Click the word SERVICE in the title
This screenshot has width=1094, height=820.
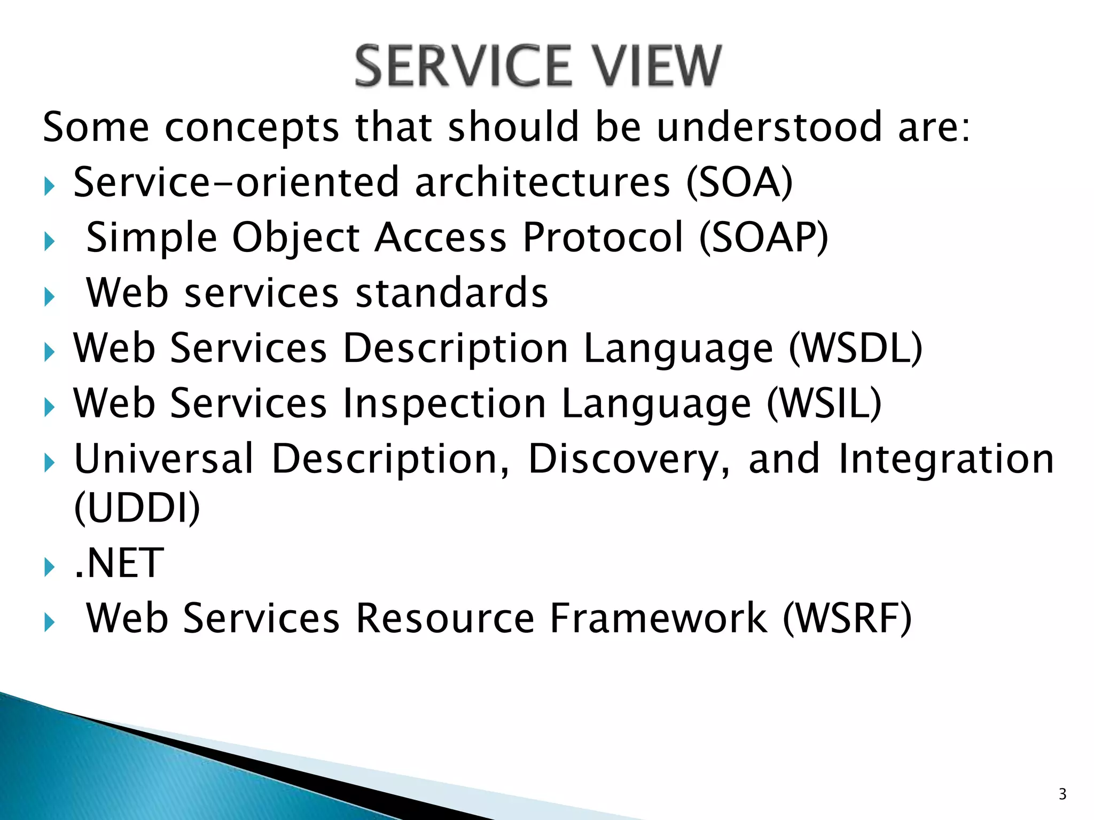463,66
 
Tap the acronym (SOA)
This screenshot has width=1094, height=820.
740,183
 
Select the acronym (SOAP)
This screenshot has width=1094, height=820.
764,238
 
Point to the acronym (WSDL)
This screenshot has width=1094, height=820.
856,348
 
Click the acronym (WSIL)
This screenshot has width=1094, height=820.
824,403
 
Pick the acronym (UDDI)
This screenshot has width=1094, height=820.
137,508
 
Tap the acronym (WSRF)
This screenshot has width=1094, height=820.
847,619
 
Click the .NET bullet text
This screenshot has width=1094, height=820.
119,563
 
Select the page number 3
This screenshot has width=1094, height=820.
1062,794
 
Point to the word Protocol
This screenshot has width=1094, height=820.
603,238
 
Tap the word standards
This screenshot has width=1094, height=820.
452,293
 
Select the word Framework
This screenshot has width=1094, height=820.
659,619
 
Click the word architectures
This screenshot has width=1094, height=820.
542,183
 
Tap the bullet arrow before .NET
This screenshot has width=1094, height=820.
49,567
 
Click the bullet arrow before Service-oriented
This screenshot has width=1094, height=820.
49,186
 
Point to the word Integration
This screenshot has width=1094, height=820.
946,459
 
